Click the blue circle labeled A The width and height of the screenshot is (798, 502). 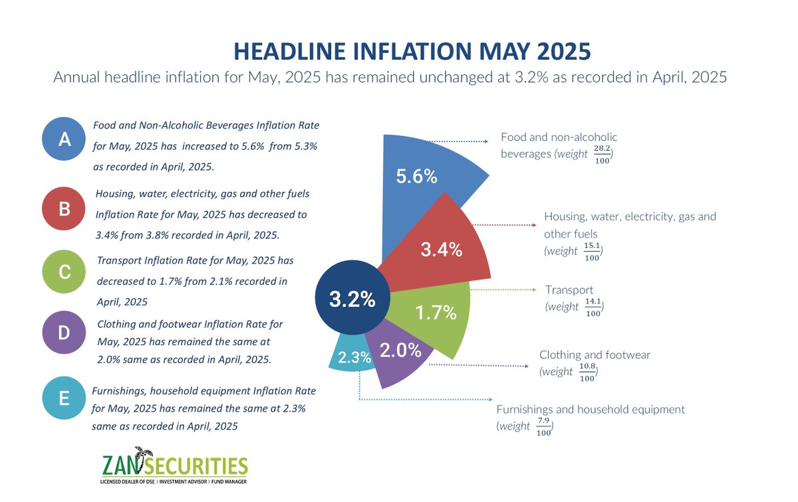(65, 139)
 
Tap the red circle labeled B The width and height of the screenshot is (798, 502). (65, 209)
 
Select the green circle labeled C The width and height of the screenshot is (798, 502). (65, 270)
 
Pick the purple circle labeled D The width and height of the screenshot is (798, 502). (65, 333)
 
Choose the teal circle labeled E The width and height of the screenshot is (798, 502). (65, 398)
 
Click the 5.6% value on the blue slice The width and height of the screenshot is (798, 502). (416, 177)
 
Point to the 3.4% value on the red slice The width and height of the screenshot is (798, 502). (442, 250)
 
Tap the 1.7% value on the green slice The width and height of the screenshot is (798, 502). (436, 313)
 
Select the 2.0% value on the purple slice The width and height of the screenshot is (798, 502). (400, 351)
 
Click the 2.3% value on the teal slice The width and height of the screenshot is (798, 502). (354, 358)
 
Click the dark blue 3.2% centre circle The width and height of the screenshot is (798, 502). (352, 299)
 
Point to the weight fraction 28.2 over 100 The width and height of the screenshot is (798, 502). (602, 154)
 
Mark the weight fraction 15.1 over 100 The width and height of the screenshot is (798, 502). (592, 252)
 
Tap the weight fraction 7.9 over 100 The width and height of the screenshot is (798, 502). (544, 427)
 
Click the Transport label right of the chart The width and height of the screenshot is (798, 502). (569, 290)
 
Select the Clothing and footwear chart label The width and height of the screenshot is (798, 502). (595, 355)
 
